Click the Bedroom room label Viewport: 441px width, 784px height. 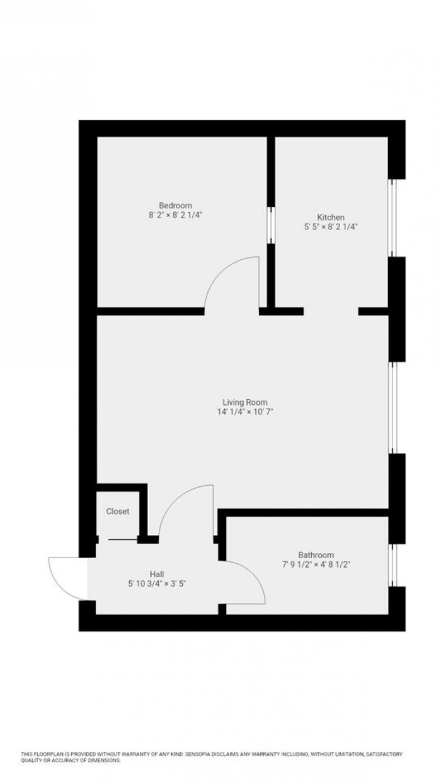point(175,205)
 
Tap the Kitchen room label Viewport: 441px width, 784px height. point(331,217)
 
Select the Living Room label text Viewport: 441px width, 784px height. point(245,402)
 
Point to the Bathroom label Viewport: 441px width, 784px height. point(316,555)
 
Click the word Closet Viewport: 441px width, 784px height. point(118,512)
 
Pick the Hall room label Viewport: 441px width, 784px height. point(157,574)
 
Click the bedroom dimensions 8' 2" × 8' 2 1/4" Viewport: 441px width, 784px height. point(175,215)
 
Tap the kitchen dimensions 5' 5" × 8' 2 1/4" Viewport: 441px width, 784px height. point(331,227)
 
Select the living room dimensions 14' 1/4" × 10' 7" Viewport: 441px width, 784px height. point(245,412)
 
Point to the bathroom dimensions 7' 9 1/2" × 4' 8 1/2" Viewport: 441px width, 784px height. point(316,565)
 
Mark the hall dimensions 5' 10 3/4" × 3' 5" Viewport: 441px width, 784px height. point(157,584)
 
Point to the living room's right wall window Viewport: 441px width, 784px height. point(393,407)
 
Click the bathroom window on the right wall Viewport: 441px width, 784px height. point(393,565)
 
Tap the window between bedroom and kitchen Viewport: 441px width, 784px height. point(271,225)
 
